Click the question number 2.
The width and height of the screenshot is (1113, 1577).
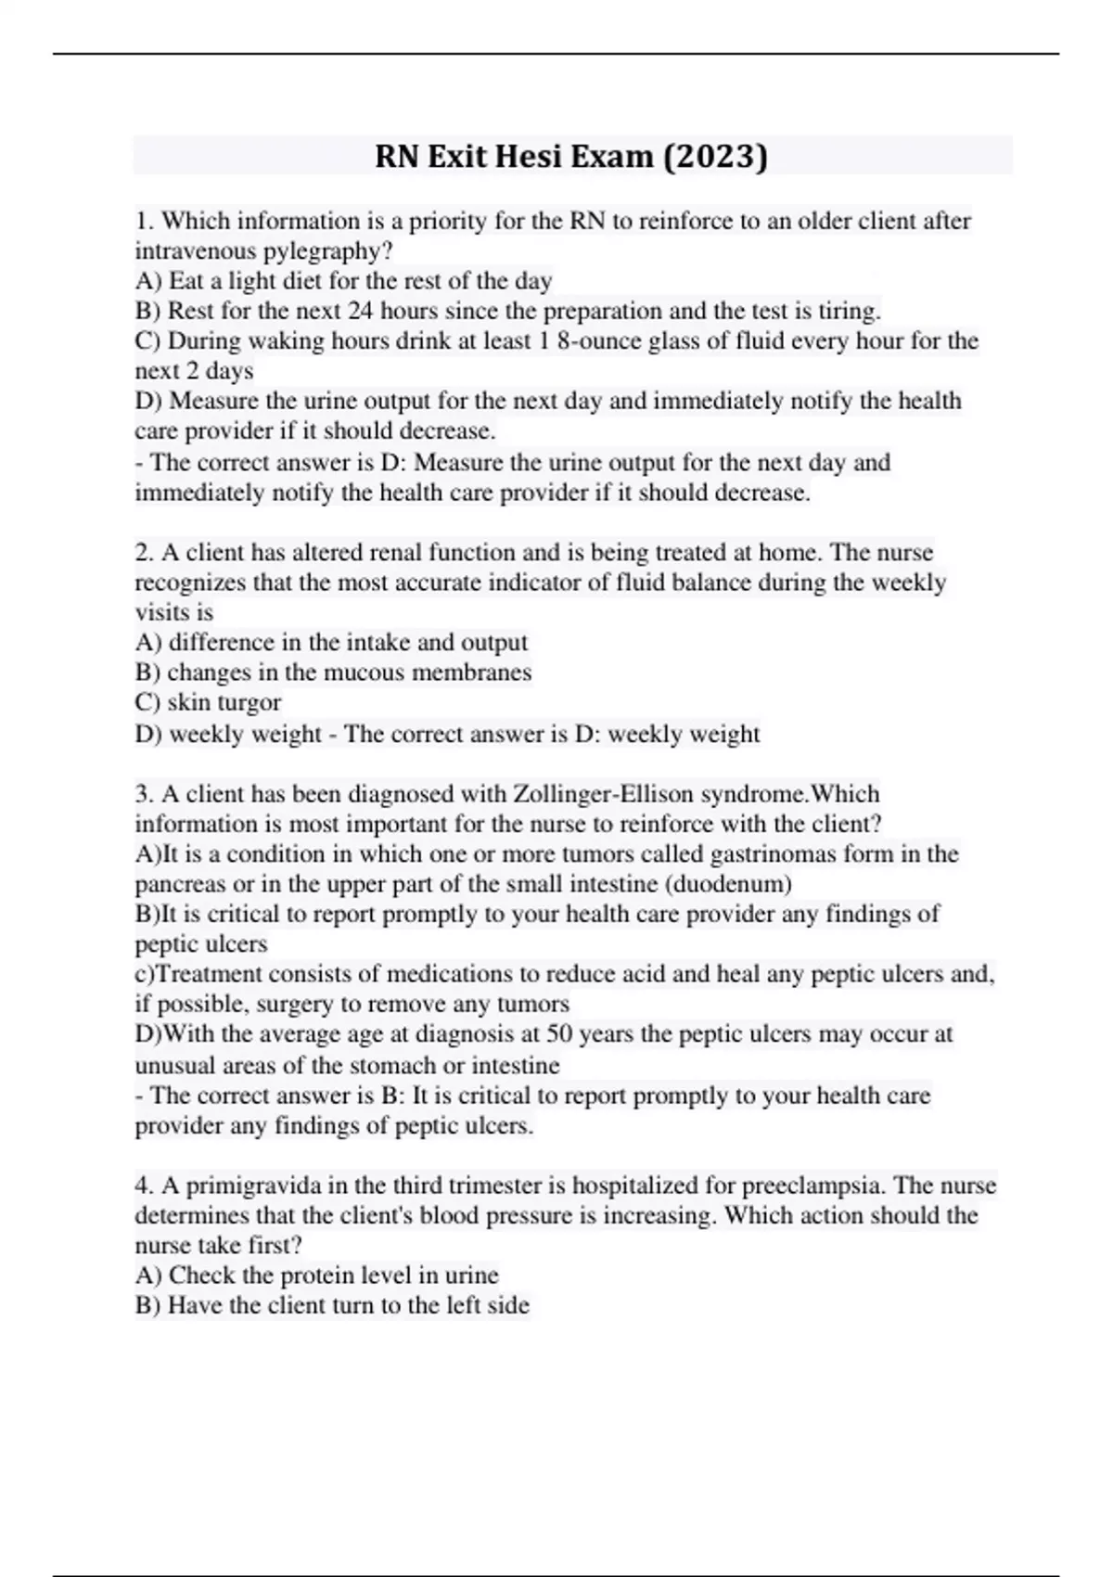click(x=143, y=553)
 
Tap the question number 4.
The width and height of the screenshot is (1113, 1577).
click(x=143, y=1186)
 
